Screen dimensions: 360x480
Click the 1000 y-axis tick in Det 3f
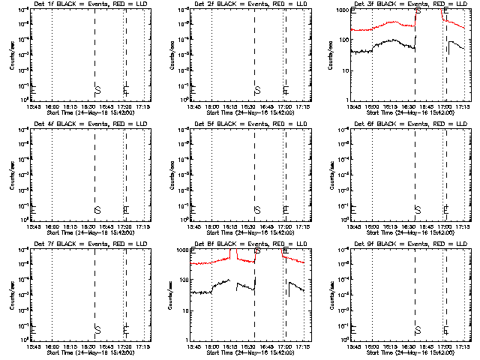(x=342, y=10)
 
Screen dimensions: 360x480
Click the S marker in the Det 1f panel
(x=97, y=90)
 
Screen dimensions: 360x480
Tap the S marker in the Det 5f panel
(x=257, y=209)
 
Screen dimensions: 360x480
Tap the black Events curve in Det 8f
(x=225, y=283)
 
